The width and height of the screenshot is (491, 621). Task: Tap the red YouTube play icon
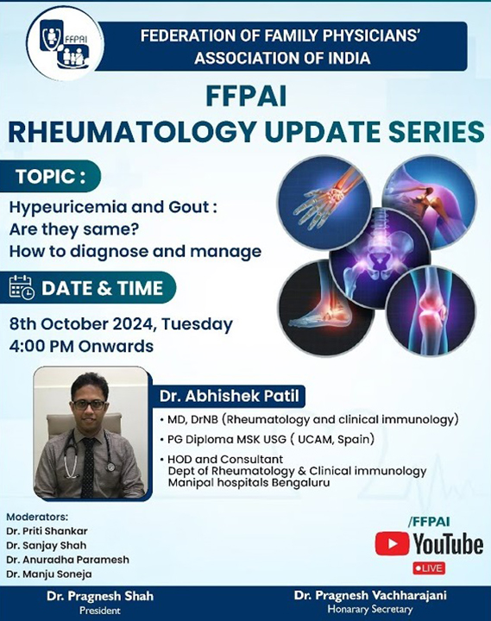coord(392,543)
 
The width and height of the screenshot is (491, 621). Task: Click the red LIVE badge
coord(429,568)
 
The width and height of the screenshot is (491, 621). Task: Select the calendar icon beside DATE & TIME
coord(22,287)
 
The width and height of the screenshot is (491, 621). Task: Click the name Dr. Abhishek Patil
coord(229,396)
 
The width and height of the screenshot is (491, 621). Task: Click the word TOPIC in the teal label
coord(46,177)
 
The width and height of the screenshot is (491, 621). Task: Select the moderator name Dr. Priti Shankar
coord(47,530)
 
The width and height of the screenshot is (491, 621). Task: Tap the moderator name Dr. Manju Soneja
coord(48,574)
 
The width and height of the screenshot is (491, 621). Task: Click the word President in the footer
coord(100,611)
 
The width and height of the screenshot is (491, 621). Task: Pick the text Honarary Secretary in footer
coord(370,609)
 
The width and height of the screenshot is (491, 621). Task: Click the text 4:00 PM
coord(41,346)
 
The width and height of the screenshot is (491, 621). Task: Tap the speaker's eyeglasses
coord(90,405)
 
